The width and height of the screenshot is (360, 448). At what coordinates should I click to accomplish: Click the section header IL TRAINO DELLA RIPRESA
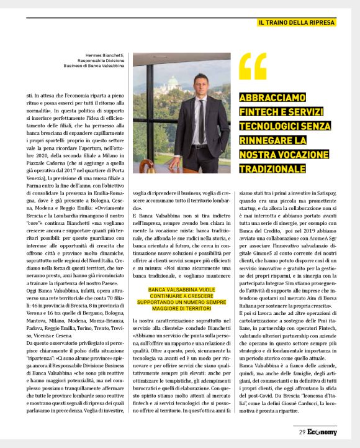click(297, 23)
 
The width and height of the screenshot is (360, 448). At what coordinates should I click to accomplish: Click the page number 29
click(302, 432)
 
